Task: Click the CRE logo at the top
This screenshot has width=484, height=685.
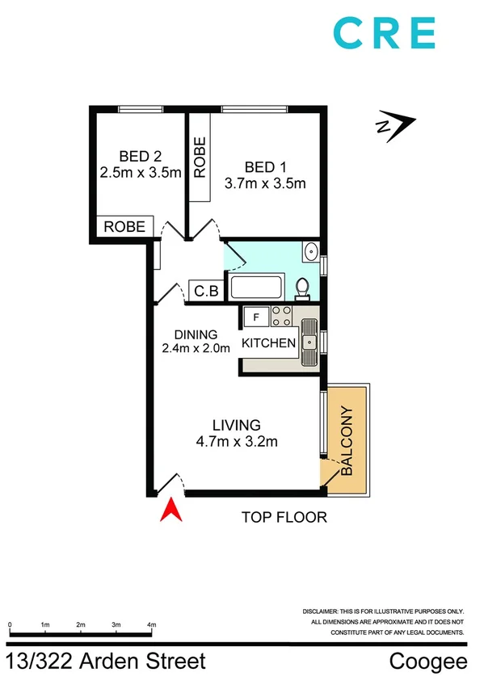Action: click(384, 35)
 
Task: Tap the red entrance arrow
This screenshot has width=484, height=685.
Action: click(170, 511)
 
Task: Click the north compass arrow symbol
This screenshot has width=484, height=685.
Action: click(395, 124)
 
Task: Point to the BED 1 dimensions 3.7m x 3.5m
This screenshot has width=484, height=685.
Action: click(264, 183)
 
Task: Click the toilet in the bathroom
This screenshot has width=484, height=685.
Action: click(302, 287)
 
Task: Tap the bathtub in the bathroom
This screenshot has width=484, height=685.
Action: click(256, 288)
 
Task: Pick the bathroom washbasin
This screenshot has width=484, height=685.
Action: click(310, 251)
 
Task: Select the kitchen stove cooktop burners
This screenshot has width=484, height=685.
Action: click(281, 316)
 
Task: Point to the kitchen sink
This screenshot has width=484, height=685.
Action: click(309, 343)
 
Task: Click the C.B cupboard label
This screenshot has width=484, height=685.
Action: click(204, 291)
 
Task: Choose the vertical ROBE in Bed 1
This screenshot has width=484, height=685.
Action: click(200, 157)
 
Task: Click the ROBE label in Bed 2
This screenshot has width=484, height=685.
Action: click(125, 227)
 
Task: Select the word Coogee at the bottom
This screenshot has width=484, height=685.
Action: click(428, 662)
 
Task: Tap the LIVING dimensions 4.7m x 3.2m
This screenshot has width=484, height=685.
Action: click(236, 441)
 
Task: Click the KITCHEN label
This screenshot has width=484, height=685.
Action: click(269, 343)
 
